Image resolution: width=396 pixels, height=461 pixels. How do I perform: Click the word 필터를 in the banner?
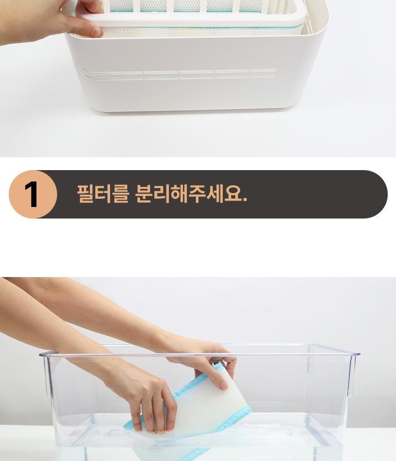pos(103,194)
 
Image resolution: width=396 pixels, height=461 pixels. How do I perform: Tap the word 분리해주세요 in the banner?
pos(187,194)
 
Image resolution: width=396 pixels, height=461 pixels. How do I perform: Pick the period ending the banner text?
pos(245,200)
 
